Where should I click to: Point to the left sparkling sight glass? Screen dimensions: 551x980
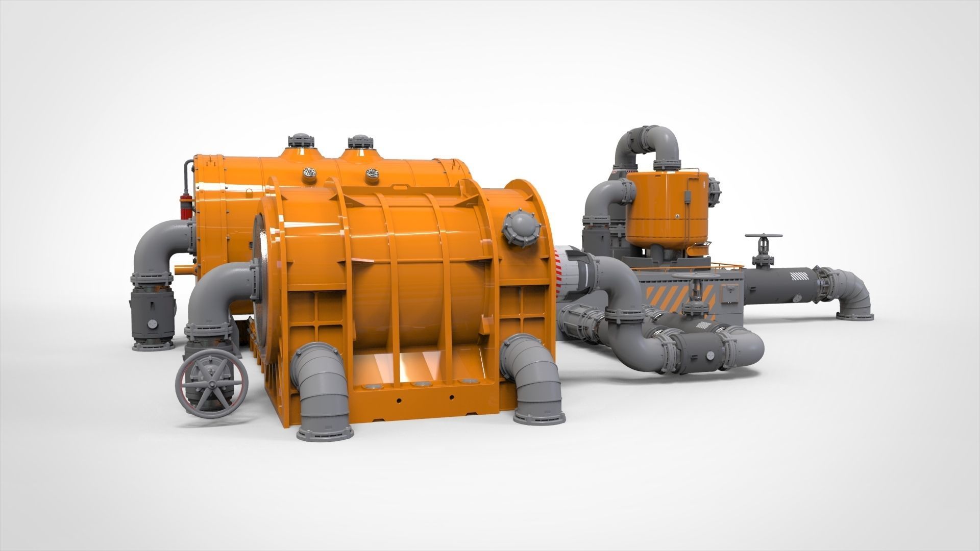point(310,173)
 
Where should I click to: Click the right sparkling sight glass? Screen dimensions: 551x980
point(372,174)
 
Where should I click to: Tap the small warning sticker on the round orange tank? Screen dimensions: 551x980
point(677,216)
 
